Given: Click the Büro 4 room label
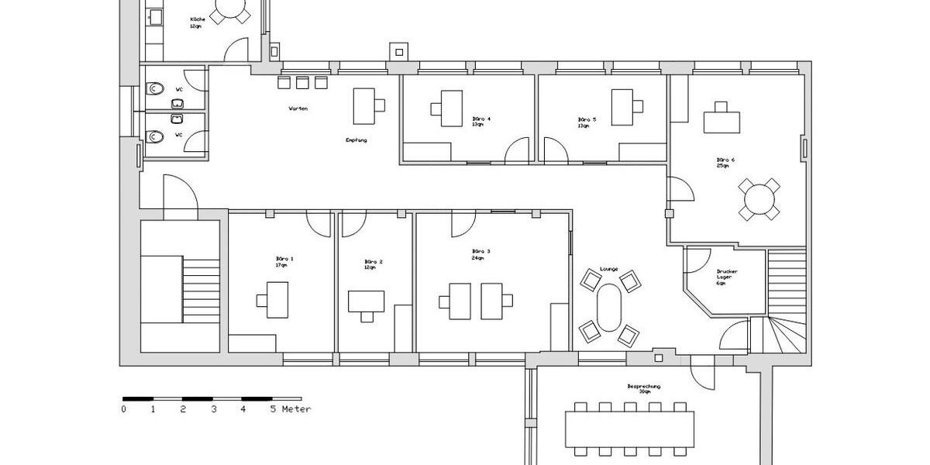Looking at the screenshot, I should (x=481, y=122).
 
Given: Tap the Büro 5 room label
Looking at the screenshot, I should (x=587, y=122).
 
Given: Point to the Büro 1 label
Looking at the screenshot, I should (x=284, y=261).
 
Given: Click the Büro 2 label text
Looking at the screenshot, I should (x=374, y=264).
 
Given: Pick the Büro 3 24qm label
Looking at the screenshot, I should (x=480, y=254).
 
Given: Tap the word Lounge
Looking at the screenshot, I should (x=608, y=269).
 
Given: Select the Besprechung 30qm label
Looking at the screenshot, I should (x=644, y=388).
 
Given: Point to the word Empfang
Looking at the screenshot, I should (x=356, y=140).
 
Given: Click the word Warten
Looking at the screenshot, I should (x=298, y=108).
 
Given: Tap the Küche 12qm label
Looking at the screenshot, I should (x=198, y=22).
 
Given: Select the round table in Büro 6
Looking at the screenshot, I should (x=758, y=200).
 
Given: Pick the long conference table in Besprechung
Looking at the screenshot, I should (x=629, y=429).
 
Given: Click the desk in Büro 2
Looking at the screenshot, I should (x=367, y=301).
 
